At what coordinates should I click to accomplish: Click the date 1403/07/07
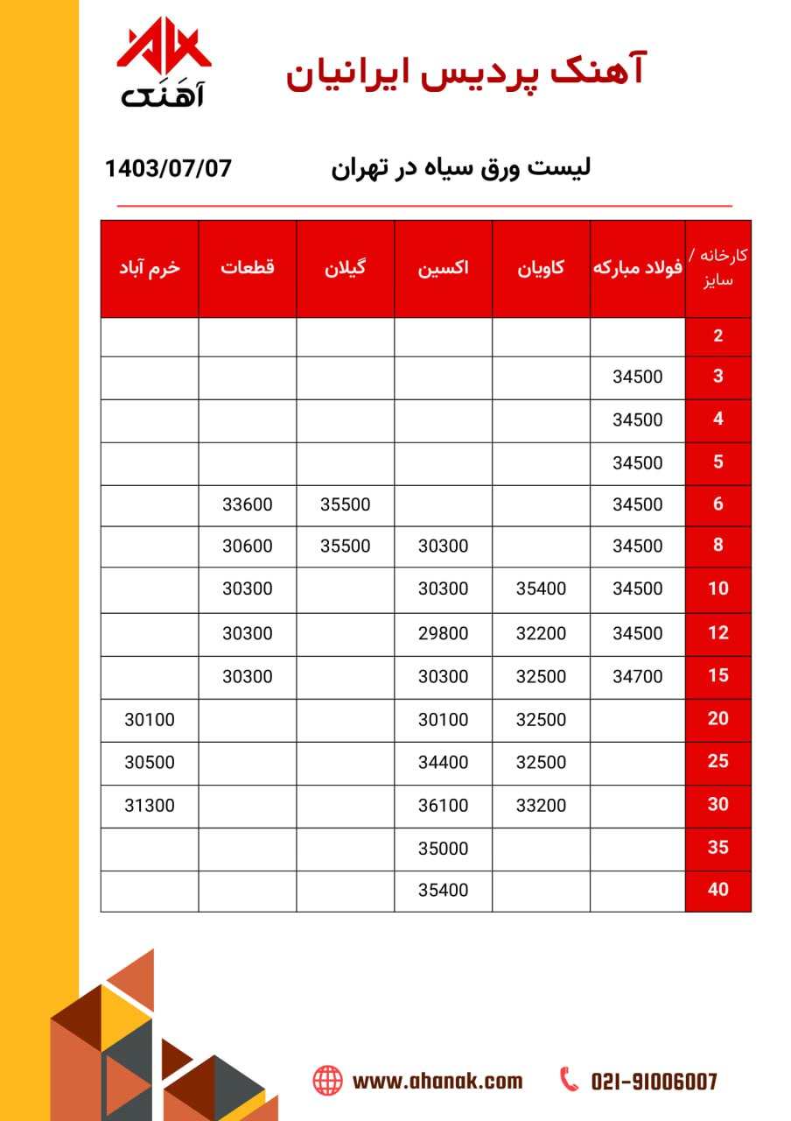point(168,167)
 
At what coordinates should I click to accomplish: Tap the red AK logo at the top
point(164,53)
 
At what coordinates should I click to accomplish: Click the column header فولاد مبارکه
point(638,268)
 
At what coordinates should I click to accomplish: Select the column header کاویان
point(541,268)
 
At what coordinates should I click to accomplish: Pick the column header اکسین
point(443,268)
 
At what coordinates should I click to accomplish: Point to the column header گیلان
point(345,268)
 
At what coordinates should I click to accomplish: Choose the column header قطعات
point(248,268)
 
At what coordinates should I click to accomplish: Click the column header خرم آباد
point(150,268)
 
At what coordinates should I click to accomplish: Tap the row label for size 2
point(717,335)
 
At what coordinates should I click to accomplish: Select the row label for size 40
point(717,890)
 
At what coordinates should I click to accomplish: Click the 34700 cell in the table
point(638,676)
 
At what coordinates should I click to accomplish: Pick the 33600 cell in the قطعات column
point(248,504)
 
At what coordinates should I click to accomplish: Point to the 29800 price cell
point(443,633)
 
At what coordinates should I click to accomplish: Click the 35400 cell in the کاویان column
point(541,589)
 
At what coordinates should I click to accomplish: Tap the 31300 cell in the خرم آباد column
point(150,805)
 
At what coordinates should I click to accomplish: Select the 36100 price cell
point(443,805)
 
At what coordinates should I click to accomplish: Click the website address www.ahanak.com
point(437,1082)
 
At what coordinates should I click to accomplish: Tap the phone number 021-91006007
point(654,1082)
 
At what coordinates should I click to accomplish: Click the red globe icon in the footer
point(327,1081)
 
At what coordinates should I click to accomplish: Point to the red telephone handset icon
point(570,1080)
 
